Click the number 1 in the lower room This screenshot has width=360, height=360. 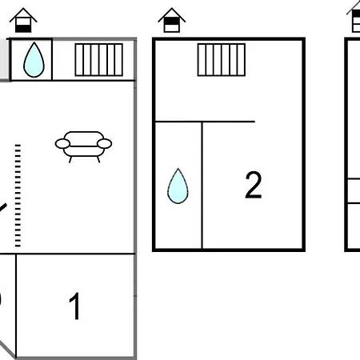pyautogui.click(x=75, y=306)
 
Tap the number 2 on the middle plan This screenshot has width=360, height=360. pyautogui.click(x=254, y=185)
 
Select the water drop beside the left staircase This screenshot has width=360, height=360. pyautogui.click(x=34, y=60)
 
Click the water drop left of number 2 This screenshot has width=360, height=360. pyautogui.click(x=178, y=186)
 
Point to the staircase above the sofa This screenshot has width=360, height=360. pyautogui.click(x=99, y=60)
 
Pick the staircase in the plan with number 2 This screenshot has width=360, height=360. pyautogui.click(x=222, y=60)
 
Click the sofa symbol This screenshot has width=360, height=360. pyautogui.click(x=83, y=147)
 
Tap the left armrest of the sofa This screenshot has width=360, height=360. pyautogui.click(x=62, y=144)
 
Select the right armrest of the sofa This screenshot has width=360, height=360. pyautogui.click(x=104, y=144)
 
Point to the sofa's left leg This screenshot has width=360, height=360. pyautogui.click(x=70, y=159)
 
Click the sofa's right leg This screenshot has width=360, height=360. pyautogui.click(x=98, y=159)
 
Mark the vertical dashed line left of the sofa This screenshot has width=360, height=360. pyautogui.click(x=18, y=196)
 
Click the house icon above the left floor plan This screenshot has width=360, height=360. pyautogui.click(x=23, y=20)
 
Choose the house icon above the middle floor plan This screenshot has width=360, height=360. pyautogui.click(x=172, y=20)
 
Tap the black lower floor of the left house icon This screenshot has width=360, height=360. pyautogui.click(x=23, y=29)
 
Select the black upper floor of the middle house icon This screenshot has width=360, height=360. pyautogui.click(x=172, y=21)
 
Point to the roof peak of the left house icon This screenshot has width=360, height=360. pyautogui.click(x=23, y=9)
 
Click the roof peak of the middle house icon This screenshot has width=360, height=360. pyautogui.click(x=172, y=9)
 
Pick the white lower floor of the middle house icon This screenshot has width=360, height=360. pyautogui.click(x=172, y=28)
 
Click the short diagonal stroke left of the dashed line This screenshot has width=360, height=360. pyautogui.click(x=3, y=208)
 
